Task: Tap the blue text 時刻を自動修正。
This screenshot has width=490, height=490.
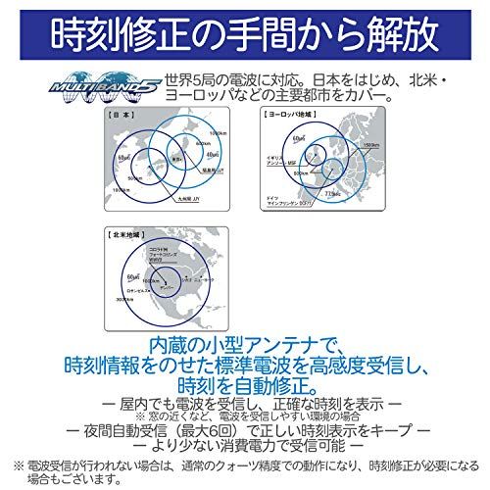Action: coord(244,384)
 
